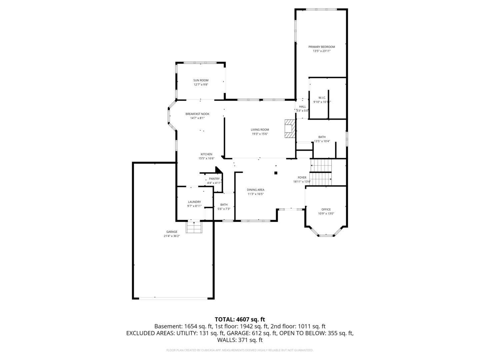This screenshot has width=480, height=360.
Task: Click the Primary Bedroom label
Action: [x=321, y=47]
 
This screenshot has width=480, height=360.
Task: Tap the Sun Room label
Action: [x=201, y=80]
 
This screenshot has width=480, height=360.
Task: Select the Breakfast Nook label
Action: [x=197, y=114]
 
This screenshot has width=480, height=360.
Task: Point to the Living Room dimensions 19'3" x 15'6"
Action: [x=260, y=134]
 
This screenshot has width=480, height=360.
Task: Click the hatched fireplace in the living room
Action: [x=289, y=129]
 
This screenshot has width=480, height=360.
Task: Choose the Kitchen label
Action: [x=206, y=154]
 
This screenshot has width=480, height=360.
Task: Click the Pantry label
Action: [x=214, y=179]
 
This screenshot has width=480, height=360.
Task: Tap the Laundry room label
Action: [x=194, y=202]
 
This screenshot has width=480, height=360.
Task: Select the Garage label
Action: [x=172, y=232]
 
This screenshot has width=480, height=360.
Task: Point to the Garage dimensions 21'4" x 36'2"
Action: [x=172, y=236]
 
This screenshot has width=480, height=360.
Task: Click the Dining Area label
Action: [x=255, y=190]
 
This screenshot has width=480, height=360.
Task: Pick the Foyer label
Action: [x=302, y=178]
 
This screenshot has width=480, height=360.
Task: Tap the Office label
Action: [x=326, y=209]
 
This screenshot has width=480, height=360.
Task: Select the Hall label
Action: [x=302, y=107]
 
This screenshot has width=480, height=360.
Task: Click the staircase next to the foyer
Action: [x=321, y=172]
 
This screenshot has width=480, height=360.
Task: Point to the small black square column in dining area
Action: [x=276, y=173]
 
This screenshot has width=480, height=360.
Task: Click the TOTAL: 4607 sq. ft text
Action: [x=240, y=319]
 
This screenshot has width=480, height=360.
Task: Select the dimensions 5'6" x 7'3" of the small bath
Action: [x=224, y=209]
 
